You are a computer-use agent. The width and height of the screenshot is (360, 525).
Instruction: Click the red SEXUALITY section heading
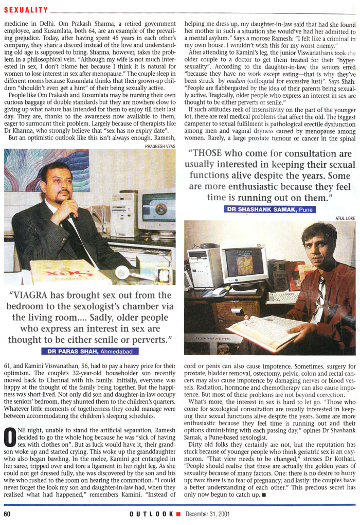pos(26,9)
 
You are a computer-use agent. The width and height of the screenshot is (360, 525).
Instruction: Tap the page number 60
pos(8,514)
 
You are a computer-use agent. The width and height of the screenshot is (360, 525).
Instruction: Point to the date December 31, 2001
pos(208,514)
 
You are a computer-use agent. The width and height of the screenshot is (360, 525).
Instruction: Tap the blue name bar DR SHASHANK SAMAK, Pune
pos(270,209)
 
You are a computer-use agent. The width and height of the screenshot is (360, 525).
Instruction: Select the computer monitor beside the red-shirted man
pos(243,264)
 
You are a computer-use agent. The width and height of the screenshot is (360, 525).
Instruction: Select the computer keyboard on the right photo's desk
pos(283,297)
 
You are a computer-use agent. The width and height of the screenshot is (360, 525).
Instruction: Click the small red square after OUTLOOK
pos(178,514)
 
